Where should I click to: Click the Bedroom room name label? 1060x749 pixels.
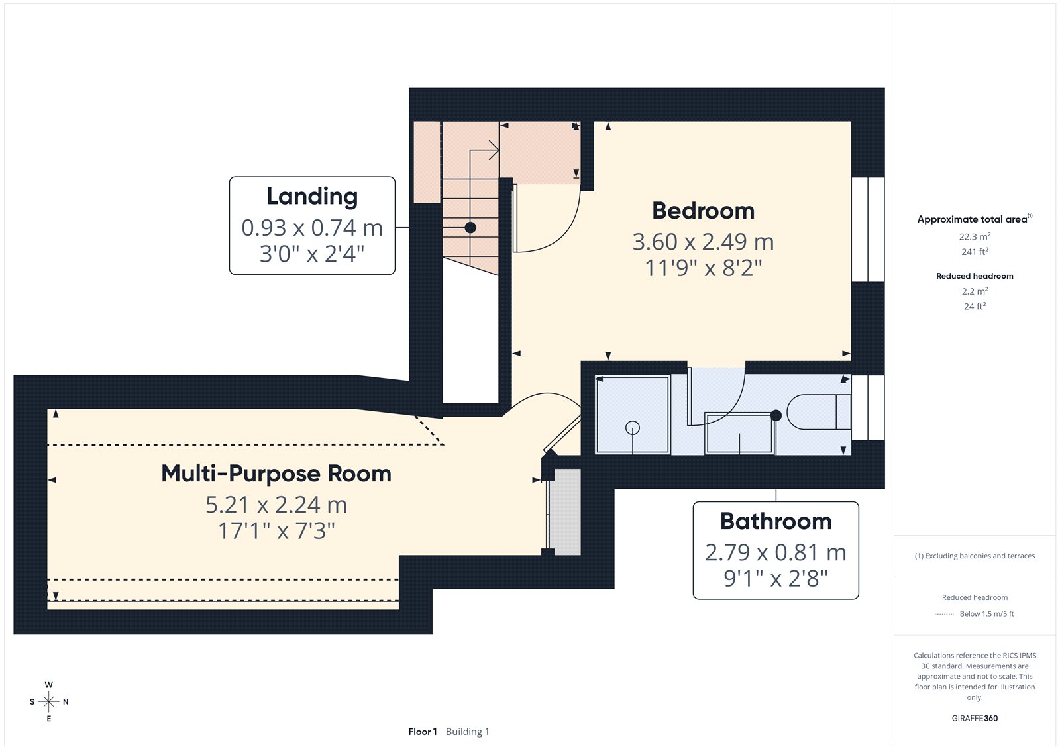pos(703,211)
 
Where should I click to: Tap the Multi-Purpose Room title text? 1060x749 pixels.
pos(276,474)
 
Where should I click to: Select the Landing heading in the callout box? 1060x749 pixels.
pos(312,197)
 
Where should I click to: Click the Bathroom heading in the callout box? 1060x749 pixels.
pos(776,521)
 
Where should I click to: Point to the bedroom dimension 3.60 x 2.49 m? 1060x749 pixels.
pos(703,242)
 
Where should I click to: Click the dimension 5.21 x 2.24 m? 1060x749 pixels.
pos(276,505)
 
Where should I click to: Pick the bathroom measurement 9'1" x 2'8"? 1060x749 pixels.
pos(776,578)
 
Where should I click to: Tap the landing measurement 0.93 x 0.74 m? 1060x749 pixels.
pos(312,228)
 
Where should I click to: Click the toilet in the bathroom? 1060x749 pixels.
pos(819,412)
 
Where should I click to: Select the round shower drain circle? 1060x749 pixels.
pos(633,428)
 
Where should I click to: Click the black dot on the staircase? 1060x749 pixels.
pos(470,228)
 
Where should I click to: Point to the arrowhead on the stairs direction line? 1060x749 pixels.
pos(494,150)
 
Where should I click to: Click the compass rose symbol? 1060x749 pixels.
pos(49,701)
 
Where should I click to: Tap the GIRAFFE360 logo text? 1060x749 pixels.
pos(975,719)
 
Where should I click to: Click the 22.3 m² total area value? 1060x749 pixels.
pos(975,236)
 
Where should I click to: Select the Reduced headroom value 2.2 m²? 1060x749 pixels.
pos(975,291)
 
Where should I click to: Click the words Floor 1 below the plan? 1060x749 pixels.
pos(423,732)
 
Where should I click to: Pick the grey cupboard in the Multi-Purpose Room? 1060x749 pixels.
pos(567,511)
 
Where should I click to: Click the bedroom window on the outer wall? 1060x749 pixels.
pos(868,230)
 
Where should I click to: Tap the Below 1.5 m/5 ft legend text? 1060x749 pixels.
pos(986,614)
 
